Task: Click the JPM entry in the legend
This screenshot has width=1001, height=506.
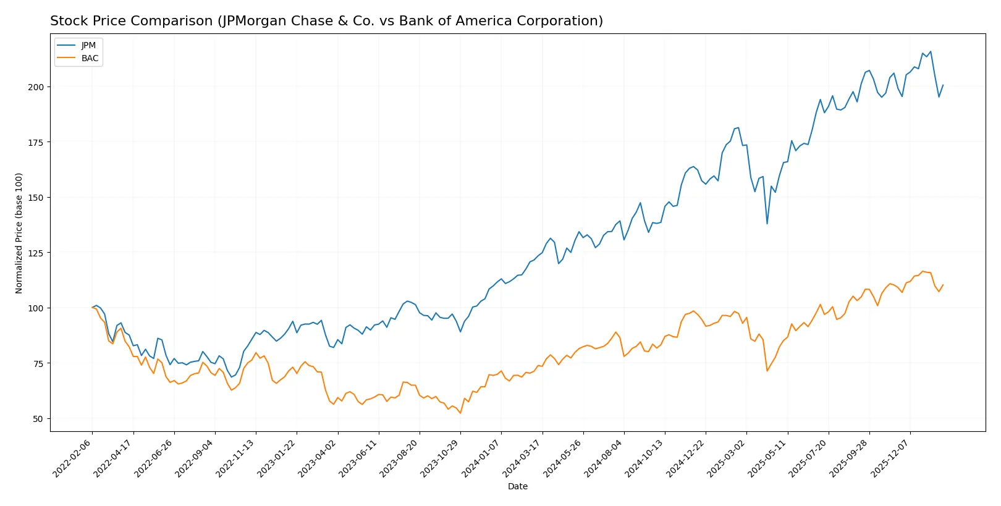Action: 88,46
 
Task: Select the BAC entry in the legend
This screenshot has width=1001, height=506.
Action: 90,59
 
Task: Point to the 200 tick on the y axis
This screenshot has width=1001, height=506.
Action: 36,87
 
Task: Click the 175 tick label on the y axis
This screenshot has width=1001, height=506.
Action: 36,142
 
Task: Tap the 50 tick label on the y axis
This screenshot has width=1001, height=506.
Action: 38,419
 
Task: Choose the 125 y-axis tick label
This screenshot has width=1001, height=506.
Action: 36,253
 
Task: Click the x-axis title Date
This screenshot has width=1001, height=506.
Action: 517,487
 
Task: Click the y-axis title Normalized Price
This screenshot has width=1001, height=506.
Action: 19,233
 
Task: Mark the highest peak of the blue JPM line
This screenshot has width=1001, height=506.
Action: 931,52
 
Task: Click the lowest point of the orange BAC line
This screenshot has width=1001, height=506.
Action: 460,413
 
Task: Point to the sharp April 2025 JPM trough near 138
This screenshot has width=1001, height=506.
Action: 767,224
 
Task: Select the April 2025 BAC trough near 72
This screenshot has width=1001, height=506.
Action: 767,371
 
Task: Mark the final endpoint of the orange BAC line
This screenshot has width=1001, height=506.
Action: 943,285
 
